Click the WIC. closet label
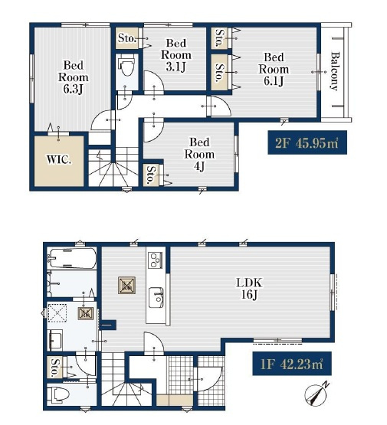[x=58, y=160]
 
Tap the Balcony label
[x=335, y=71]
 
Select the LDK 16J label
[x=249, y=289]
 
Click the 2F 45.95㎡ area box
[x=307, y=142]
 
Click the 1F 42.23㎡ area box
[x=292, y=364]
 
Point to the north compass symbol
[x=316, y=394]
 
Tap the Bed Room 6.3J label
[x=74, y=77]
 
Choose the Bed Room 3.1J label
[x=176, y=55]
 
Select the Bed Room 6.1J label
[x=274, y=69]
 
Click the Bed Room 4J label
[x=199, y=155]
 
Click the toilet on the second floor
[x=126, y=67]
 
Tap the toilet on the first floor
[x=58, y=395]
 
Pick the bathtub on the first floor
[x=72, y=258]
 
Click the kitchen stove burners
[x=156, y=260]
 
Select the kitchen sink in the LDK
[x=156, y=298]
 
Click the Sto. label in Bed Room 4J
[x=150, y=175]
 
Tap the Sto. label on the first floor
[x=55, y=368]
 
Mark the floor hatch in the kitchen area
[x=127, y=285]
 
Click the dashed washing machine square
[x=57, y=312]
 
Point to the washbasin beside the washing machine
[x=55, y=340]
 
